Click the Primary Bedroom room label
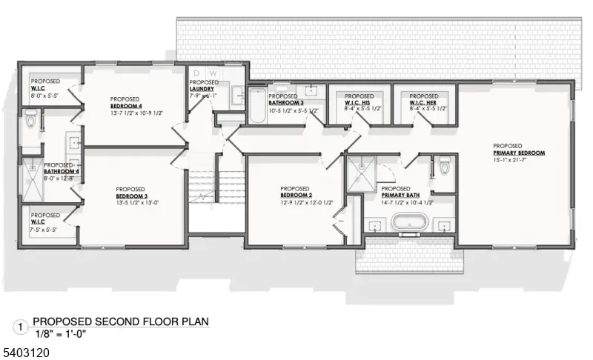518,153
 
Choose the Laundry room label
202,89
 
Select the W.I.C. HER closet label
424,103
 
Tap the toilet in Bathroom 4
30,119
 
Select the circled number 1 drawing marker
21,325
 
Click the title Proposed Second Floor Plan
121,321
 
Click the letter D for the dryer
196,73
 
